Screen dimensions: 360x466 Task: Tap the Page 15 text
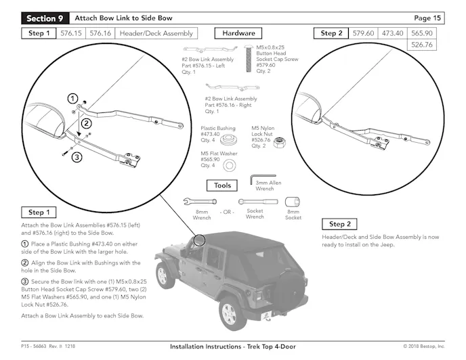click(x=428, y=18)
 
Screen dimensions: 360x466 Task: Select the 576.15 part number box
click(x=71, y=33)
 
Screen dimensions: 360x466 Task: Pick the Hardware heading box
click(x=238, y=33)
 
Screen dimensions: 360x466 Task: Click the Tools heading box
click(x=222, y=185)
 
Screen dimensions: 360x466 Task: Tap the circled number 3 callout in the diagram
click(x=77, y=157)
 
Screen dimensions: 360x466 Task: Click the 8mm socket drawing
click(x=293, y=202)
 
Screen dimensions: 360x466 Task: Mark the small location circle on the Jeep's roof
click(x=198, y=240)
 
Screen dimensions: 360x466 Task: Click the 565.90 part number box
click(x=422, y=33)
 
